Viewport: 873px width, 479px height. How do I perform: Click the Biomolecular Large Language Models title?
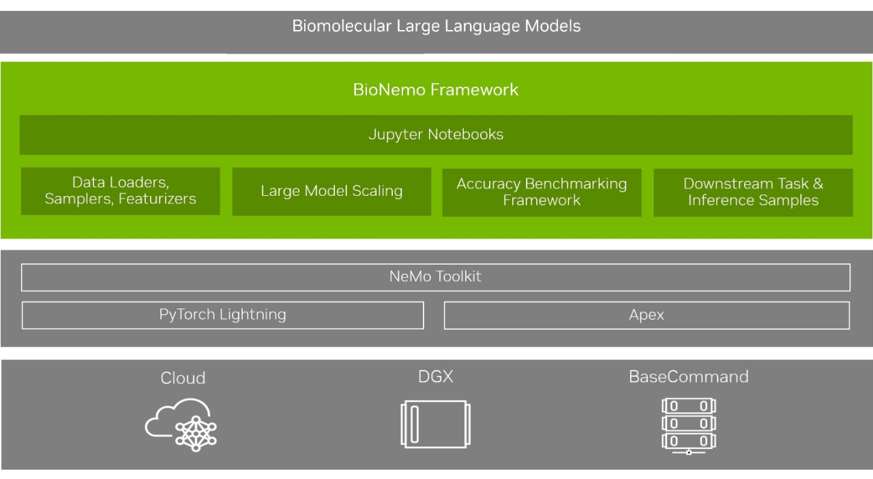436,27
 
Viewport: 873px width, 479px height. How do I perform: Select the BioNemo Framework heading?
436,90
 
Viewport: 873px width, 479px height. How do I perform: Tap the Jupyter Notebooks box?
436,134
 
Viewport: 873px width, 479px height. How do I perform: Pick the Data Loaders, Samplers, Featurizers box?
121,192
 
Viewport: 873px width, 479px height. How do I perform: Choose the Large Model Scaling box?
331,192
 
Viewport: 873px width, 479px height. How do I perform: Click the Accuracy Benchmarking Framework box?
542,192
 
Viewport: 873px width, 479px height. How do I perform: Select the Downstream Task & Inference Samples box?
753,192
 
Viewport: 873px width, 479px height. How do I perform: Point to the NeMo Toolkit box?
436,277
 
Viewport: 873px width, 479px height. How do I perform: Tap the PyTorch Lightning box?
223,315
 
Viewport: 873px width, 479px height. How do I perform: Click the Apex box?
647,315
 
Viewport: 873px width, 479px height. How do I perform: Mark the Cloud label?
183,378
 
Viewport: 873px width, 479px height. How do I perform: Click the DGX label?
435,377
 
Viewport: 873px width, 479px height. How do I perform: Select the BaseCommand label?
688,377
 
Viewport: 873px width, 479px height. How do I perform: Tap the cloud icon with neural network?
181,424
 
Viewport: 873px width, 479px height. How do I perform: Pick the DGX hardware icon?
435,424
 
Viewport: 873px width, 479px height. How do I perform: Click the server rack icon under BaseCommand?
688,426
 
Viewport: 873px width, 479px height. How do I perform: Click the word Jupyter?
394,134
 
